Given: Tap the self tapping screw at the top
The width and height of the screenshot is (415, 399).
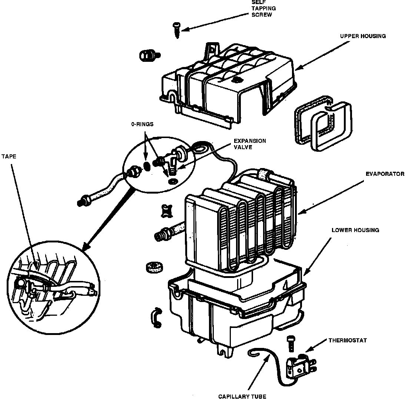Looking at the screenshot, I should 176,29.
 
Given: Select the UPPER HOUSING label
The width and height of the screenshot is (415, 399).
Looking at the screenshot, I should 363,36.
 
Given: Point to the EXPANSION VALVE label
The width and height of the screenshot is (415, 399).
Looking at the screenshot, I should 249,144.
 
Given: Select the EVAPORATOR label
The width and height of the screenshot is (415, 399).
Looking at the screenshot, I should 384,174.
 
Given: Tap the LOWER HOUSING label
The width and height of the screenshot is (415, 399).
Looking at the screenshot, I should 355,230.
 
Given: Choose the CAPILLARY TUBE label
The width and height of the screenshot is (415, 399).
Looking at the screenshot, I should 242,396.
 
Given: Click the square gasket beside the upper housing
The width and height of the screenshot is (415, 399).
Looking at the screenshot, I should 322,124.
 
